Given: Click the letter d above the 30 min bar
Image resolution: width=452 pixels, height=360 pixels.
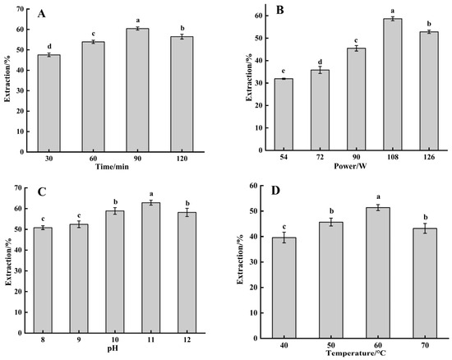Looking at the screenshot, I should click(x=55, y=47).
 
